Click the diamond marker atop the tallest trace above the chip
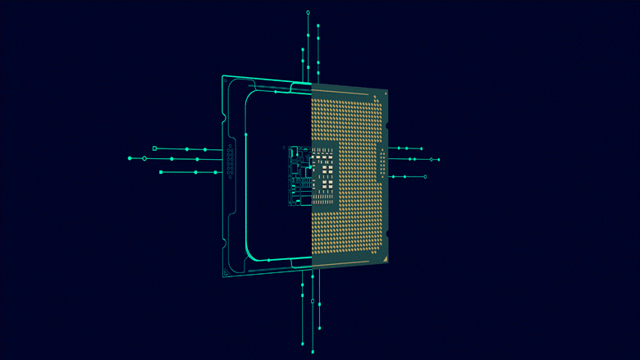tap(308, 12)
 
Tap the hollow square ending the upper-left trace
tap(154, 148)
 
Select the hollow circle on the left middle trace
tap(145, 158)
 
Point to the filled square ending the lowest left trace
tap(161, 172)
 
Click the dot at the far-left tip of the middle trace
tap(130, 158)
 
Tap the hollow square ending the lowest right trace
tap(425, 176)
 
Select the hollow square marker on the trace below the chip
tap(312, 303)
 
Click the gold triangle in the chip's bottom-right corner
tap(382, 257)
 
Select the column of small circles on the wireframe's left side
tap(231, 161)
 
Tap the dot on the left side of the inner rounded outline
tap(247, 132)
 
